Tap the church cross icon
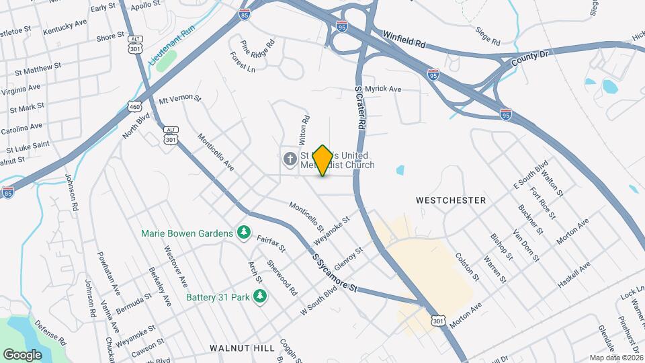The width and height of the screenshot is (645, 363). pyautogui.click(x=290, y=159)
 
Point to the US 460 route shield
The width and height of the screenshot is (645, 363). pyautogui.click(x=134, y=106)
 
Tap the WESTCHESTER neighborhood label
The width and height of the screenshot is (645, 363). pyautogui.click(x=450, y=200)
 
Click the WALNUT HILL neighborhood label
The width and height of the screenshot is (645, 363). pyautogui.click(x=242, y=348)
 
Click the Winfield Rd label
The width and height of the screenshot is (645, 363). pyautogui.click(x=405, y=39)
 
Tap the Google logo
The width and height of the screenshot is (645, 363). pyautogui.click(x=22, y=354)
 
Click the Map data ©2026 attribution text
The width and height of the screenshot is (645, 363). pyautogui.click(x=615, y=358)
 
